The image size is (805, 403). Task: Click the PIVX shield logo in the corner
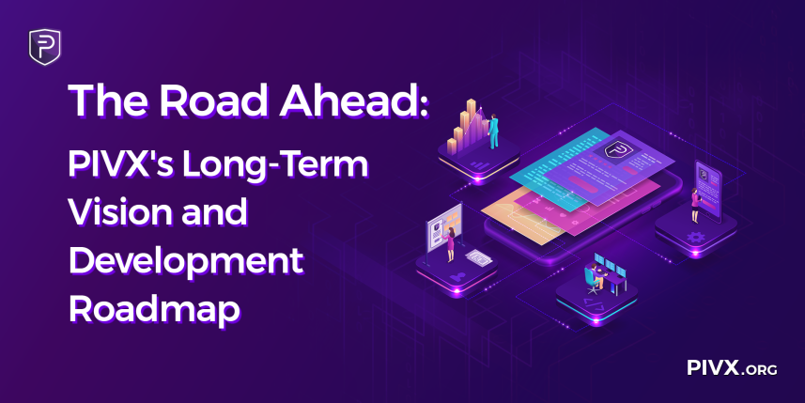[45, 47]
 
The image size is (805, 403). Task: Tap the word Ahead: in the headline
[354, 101]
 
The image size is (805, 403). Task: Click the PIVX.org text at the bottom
[732, 367]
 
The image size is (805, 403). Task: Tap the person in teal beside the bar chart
[493, 132]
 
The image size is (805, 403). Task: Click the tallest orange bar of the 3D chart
[471, 122]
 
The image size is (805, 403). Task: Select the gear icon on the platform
[696, 237]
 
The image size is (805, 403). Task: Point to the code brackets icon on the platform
[595, 305]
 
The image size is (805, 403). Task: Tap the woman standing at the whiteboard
[450, 244]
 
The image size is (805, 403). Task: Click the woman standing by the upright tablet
[695, 205]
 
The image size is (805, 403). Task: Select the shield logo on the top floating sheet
[614, 150]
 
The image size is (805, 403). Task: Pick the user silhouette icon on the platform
[457, 277]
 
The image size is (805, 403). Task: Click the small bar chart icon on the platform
[479, 164]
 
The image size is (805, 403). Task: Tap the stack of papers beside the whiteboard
[478, 257]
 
